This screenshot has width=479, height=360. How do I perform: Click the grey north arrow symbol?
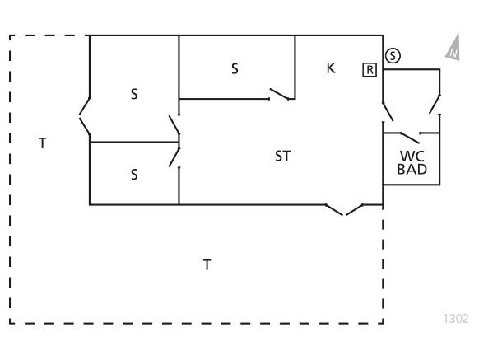[x=453, y=48]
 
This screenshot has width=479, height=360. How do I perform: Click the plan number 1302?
[x=455, y=319]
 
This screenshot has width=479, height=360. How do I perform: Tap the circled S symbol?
[x=393, y=56]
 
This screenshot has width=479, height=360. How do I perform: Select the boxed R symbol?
[x=370, y=70]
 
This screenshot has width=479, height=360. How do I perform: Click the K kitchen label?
[x=331, y=68]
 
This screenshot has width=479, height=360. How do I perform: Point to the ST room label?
[x=282, y=156]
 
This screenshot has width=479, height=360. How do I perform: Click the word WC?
[x=412, y=157]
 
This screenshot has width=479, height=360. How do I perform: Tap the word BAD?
[x=412, y=169]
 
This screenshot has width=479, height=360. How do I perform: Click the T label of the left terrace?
[x=43, y=143]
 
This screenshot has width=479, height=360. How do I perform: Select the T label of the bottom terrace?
[x=207, y=265]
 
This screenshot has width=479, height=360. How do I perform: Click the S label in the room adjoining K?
[x=235, y=69]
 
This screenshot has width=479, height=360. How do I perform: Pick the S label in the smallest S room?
[x=134, y=175]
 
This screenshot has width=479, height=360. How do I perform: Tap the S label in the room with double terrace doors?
[x=134, y=94]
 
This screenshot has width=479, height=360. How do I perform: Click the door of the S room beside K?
[x=279, y=94]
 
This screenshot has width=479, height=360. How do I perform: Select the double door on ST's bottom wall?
[x=344, y=209]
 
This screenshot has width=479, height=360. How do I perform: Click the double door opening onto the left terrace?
[x=85, y=116]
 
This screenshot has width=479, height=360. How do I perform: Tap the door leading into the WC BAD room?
[x=410, y=138]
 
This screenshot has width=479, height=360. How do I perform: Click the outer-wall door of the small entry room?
[x=435, y=105]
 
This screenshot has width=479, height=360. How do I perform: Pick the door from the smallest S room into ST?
[x=174, y=157]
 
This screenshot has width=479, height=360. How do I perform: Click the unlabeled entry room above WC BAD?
[x=412, y=101]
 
